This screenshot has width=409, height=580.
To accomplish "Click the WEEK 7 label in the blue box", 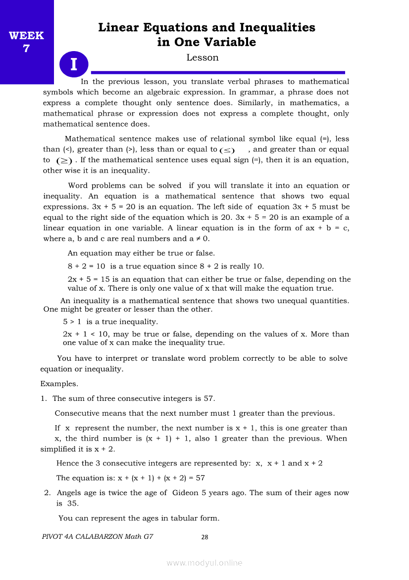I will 26,42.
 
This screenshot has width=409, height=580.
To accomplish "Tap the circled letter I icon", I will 74,64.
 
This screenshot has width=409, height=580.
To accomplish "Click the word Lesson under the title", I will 203,58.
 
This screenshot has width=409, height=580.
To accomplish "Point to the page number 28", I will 204,537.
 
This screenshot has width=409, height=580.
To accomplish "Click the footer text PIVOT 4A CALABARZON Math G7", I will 98,536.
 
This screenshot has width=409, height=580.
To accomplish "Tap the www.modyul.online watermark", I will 204,563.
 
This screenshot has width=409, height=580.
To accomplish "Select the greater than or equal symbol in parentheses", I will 64,160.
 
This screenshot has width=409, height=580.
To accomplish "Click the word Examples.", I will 59,384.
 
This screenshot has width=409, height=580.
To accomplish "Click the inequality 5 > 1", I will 72,322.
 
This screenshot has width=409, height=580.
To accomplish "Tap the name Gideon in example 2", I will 185,493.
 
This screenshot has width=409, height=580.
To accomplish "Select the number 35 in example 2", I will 72,503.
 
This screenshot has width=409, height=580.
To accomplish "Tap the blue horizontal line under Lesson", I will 218,72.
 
